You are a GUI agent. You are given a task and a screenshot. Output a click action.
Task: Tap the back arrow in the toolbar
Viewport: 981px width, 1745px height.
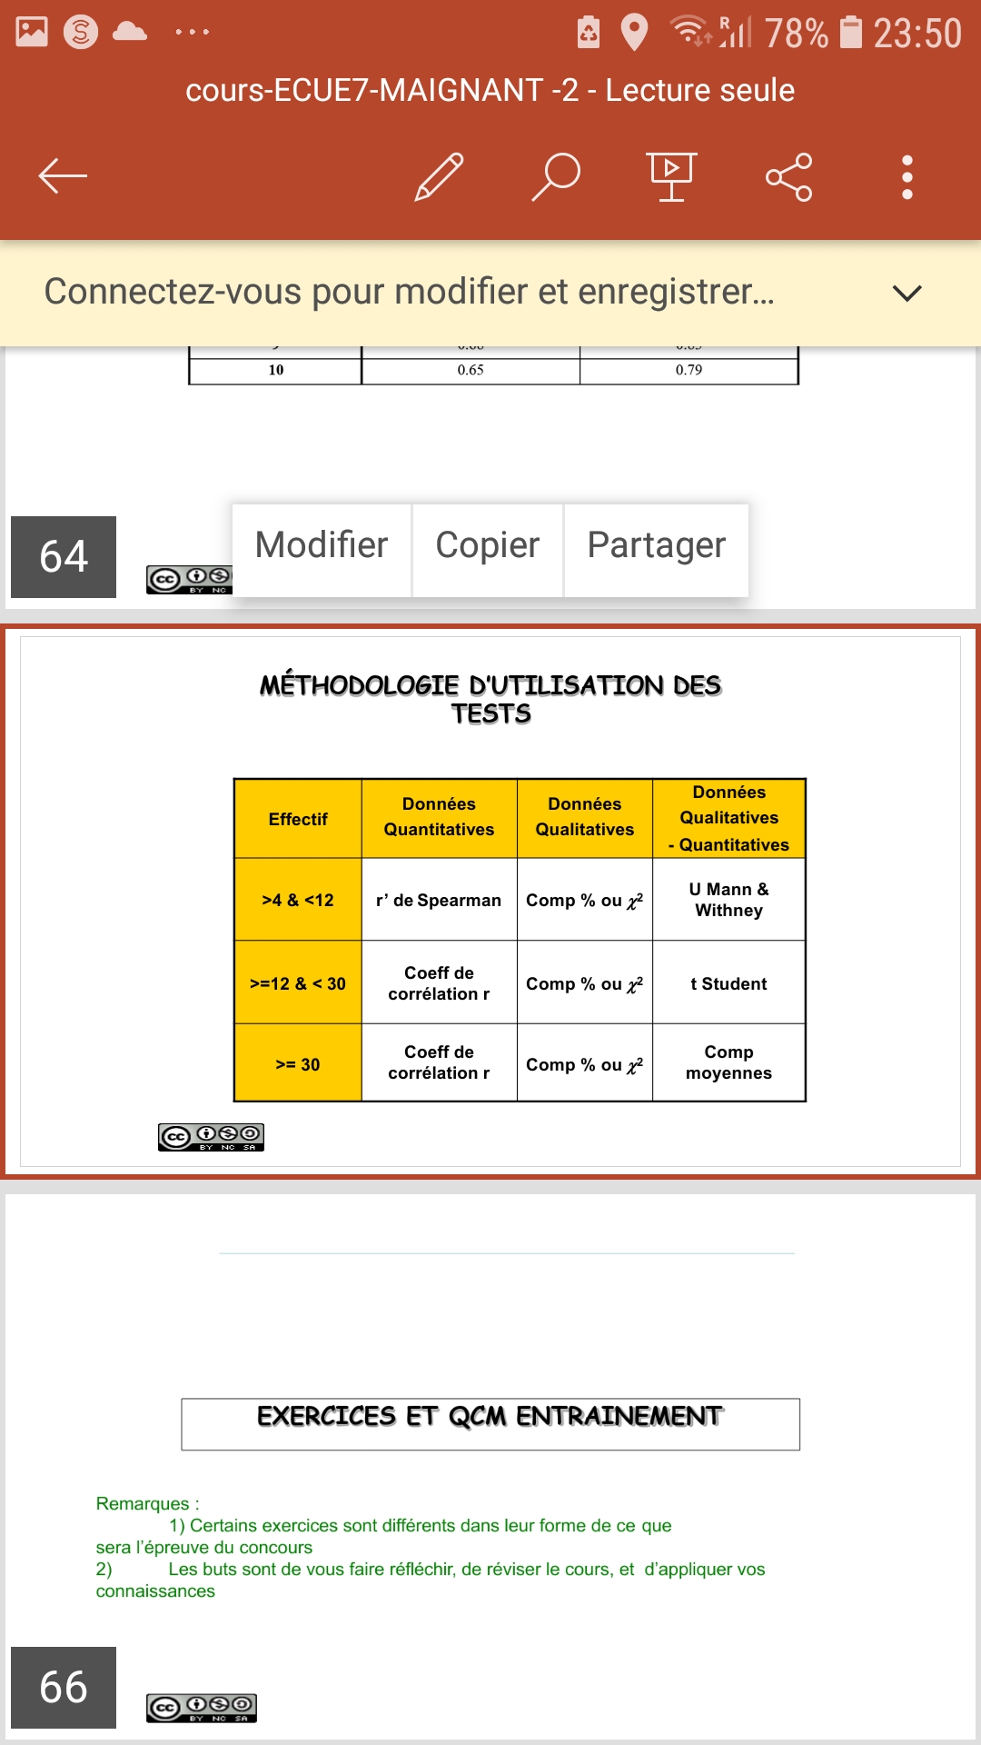(x=63, y=175)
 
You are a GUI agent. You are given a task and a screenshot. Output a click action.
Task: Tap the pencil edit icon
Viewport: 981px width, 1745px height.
(x=440, y=175)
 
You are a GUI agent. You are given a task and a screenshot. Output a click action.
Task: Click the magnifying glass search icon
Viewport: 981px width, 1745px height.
(x=556, y=175)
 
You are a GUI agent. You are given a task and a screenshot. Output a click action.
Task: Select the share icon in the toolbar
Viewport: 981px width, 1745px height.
(x=788, y=176)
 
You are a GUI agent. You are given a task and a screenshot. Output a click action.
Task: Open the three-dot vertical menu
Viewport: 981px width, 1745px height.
(x=907, y=176)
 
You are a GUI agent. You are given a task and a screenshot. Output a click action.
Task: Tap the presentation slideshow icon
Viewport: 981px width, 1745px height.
(x=671, y=175)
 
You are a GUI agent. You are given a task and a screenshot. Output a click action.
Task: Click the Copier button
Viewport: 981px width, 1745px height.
(x=488, y=545)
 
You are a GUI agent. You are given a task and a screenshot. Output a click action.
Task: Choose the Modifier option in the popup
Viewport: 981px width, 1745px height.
(x=322, y=545)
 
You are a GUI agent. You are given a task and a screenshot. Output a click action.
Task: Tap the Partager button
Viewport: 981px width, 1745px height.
(x=656, y=545)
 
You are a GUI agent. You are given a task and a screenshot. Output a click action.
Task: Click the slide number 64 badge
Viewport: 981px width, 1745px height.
(x=64, y=556)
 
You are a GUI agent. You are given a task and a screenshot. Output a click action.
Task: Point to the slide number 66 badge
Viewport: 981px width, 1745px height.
(x=64, y=1687)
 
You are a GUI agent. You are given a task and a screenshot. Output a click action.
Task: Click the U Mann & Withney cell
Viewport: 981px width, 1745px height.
(x=728, y=900)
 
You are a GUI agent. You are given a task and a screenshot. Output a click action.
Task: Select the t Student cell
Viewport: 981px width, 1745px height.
(x=728, y=983)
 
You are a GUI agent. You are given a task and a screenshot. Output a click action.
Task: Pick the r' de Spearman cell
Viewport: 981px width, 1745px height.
(x=439, y=900)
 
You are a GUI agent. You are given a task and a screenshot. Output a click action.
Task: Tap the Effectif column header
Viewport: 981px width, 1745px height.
(x=298, y=819)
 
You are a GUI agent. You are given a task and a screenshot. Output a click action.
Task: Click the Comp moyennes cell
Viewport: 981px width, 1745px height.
(x=728, y=1062)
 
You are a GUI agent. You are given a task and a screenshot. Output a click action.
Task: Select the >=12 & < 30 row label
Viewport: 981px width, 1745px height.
(x=298, y=983)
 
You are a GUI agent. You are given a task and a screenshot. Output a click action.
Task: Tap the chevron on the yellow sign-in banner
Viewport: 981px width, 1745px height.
(x=907, y=293)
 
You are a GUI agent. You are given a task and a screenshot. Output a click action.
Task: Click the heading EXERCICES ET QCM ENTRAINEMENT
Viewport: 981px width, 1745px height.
(x=490, y=1417)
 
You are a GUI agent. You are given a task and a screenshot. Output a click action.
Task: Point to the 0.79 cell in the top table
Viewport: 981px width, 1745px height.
(x=689, y=370)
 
